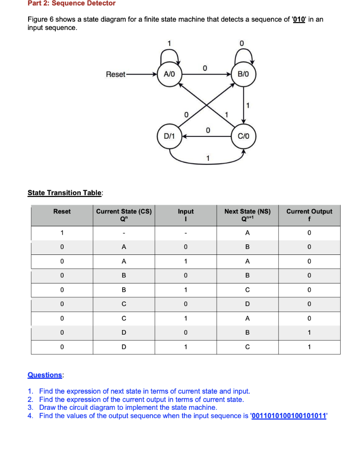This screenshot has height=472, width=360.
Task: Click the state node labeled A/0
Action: point(169,74)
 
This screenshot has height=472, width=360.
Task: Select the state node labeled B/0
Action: point(243,74)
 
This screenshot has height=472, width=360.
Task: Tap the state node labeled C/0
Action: point(243,136)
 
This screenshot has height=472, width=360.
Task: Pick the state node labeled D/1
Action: point(169,136)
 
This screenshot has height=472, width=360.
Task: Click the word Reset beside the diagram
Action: point(115,74)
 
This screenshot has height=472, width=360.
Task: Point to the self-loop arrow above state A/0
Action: point(169,55)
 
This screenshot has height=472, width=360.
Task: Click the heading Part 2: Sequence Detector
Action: point(71,4)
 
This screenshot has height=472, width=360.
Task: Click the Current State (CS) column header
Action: point(124,215)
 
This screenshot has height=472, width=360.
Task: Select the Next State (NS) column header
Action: point(248,215)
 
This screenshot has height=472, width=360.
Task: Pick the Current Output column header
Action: point(309,215)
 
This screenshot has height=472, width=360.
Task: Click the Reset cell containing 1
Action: point(62,232)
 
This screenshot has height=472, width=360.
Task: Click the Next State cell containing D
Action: point(248,304)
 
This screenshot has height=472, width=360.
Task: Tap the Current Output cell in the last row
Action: point(309,347)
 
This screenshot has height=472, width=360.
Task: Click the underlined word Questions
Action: point(45,375)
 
